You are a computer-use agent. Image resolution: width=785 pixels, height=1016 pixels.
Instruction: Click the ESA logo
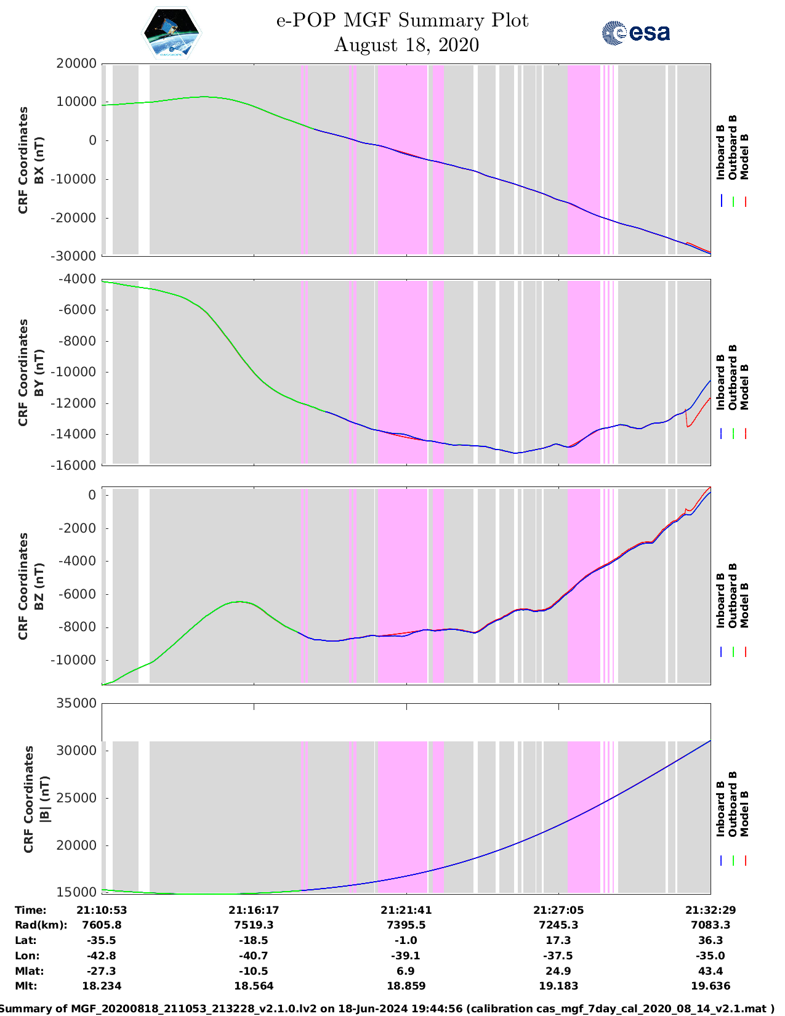point(635,33)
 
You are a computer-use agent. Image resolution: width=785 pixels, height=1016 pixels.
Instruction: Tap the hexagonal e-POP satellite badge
point(171,33)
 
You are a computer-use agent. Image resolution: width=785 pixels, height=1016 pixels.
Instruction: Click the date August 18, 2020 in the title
point(406,45)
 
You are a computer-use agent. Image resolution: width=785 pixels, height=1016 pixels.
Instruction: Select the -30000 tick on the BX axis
point(75,256)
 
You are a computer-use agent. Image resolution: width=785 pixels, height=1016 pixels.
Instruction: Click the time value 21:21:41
point(406,910)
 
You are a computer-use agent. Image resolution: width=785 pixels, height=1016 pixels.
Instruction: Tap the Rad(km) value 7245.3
point(558,925)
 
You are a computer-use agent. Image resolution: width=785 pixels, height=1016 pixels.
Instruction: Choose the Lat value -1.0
point(406,940)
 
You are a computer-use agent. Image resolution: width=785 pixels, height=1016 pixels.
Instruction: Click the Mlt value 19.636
point(711,986)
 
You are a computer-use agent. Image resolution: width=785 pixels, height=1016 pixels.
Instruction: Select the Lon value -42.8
point(102,956)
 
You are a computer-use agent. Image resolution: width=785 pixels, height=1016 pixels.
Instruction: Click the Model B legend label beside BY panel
point(744,387)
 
